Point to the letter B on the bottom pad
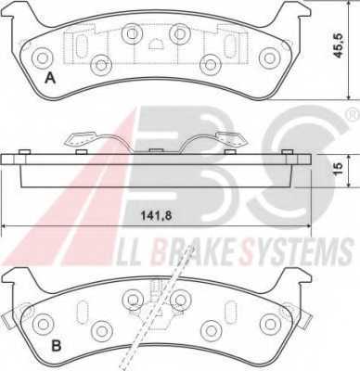tap(55, 347)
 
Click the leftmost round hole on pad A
tap(41, 58)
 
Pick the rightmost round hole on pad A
tap(269, 58)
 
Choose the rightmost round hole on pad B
tap(270, 323)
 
